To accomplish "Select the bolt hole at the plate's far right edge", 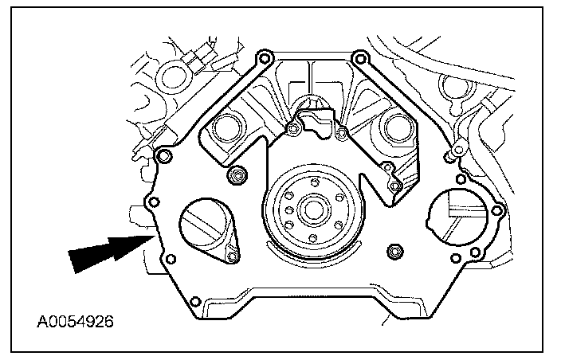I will click(x=498, y=210).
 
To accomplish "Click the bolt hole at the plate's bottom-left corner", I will click(x=194, y=302).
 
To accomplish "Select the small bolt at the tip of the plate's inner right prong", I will click(x=394, y=186).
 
